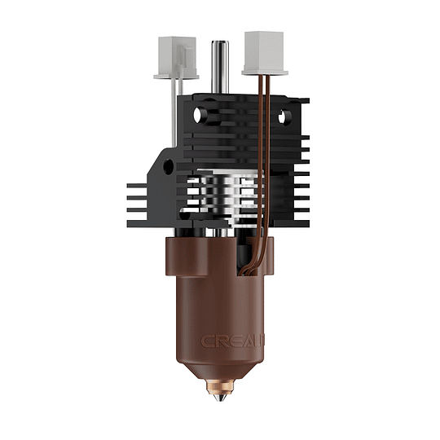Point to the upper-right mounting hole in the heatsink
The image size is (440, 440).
click(285, 117)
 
